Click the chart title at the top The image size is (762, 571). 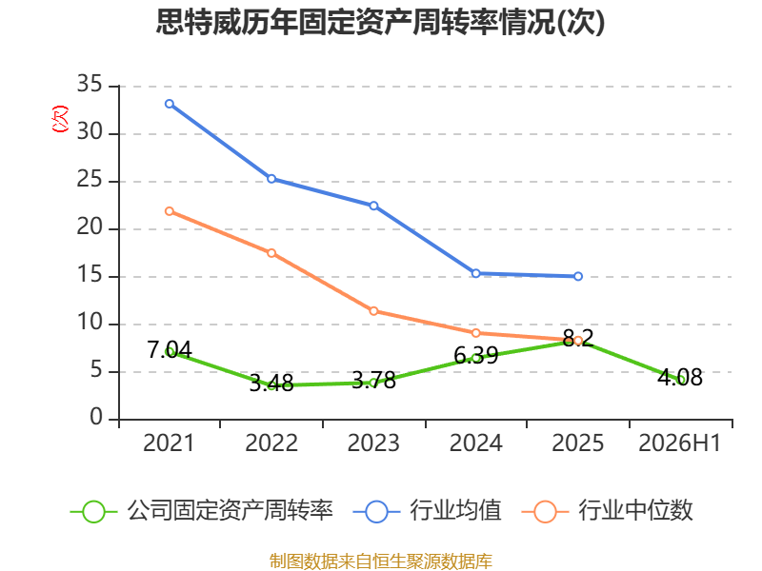pyautogui.click(x=380, y=22)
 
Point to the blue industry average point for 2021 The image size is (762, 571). pyautogui.click(x=170, y=104)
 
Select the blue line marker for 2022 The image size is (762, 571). pyautogui.click(x=271, y=179)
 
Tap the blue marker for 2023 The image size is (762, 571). pyautogui.click(x=373, y=206)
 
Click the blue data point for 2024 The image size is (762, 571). pyautogui.click(x=475, y=273)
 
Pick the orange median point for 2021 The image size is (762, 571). pyautogui.click(x=170, y=211)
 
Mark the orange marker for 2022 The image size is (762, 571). pyautogui.click(x=271, y=253)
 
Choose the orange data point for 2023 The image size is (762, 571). pyautogui.click(x=373, y=311)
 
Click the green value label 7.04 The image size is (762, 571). pyautogui.click(x=170, y=349)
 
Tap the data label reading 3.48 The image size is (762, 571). pyautogui.click(x=271, y=384)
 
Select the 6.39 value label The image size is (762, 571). pyautogui.click(x=476, y=355)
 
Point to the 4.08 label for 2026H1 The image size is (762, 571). pyautogui.click(x=680, y=377)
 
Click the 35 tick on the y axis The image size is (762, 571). pyautogui.click(x=90, y=84)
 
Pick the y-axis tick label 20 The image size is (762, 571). pyautogui.click(x=90, y=226)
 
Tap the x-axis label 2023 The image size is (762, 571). pyautogui.click(x=373, y=443)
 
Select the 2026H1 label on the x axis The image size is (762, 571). pyautogui.click(x=679, y=443)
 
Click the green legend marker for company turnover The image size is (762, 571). pyautogui.click(x=93, y=512)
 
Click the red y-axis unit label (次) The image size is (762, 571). pyautogui.click(x=60, y=119)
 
